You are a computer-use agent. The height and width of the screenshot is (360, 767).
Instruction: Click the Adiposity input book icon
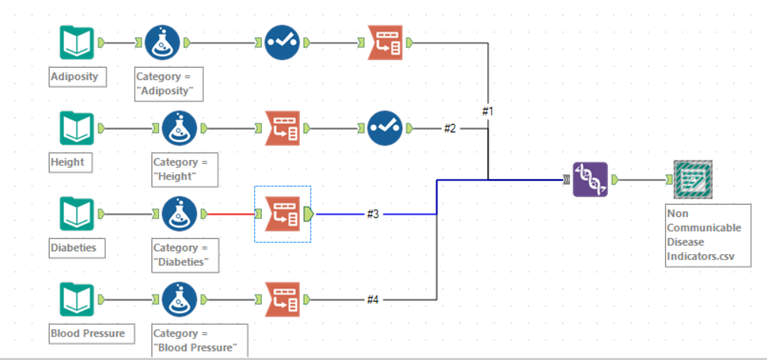pyautogui.click(x=77, y=43)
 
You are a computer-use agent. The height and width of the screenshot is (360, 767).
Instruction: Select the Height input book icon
pyautogui.click(x=77, y=129)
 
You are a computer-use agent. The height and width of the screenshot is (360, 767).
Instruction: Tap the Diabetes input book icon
pyautogui.click(x=77, y=214)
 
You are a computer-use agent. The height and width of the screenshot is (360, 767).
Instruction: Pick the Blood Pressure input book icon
pyautogui.click(x=77, y=300)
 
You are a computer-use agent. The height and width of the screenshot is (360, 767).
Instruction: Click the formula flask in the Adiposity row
pyautogui.click(x=162, y=43)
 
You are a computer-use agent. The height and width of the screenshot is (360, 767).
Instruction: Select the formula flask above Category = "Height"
pyautogui.click(x=180, y=129)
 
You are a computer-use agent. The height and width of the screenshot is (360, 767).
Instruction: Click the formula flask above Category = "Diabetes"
pyautogui.click(x=180, y=214)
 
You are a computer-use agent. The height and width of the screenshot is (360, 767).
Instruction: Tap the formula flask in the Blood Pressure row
pyautogui.click(x=180, y=300)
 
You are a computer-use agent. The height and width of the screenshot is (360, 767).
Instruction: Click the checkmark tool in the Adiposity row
pyautogui.click(x=282, y=43)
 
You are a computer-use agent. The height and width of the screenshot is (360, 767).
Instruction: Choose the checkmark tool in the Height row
pyautogui.click(x=385, y=129)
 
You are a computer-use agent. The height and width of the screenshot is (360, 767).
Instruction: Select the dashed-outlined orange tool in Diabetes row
pyautogui.click(x=282, y=214)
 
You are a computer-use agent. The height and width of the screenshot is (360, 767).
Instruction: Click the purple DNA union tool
pyautogui.click(x=590, y=180)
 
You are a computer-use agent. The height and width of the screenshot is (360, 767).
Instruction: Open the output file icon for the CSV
pyautogui.click(x=692, y=180)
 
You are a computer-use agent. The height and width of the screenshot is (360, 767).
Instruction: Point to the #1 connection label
pyautogui.click(x=488, y=111)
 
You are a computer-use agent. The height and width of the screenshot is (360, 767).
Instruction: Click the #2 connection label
pyautogui.click(x=450, y=129)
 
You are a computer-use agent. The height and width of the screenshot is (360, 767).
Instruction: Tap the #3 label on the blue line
pyautogui.click(x=373, y=214)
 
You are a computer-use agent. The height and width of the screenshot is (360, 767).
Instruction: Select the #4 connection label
pyautogui.click(x=373, y=300)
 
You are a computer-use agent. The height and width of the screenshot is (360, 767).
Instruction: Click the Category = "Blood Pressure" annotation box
pyautogui.click(x=199, y=341)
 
